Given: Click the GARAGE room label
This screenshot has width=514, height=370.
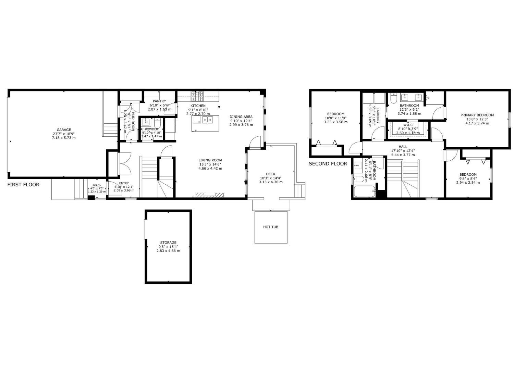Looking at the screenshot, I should (x=64, y=130).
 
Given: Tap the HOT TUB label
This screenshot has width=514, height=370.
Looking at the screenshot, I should (x=270, y=227).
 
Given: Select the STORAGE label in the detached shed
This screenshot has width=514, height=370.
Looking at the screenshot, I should (x=168, y=243).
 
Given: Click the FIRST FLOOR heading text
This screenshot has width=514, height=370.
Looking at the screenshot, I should (x=23, y=185).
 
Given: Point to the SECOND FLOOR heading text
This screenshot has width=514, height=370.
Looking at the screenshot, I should (x=328, y=164).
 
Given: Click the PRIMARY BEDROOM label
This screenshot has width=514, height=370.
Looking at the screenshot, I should (x=477, y=115).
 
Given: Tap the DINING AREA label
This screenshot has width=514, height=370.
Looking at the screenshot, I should (x=241, y=117).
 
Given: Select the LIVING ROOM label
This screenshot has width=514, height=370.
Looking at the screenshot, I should (x=210, y=160).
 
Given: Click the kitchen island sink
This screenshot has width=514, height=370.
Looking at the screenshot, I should (x=207, y=120).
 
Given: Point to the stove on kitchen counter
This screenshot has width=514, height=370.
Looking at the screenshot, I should (x=198, y=95).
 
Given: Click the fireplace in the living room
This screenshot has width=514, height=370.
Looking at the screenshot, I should (x=209, y=195).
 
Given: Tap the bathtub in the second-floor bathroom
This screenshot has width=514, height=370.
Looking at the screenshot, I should (x=364, y=192).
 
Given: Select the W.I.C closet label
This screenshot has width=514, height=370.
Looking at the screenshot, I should (x=408, y=125).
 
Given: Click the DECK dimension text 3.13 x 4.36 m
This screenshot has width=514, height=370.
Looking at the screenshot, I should (x=271, y=182).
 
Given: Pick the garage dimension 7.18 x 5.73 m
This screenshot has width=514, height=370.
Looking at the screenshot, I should (x=64, y=138).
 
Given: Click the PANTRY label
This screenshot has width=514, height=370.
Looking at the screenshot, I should (x=159, y=101).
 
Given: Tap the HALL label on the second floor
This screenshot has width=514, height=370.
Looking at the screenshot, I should (x=403, y=147).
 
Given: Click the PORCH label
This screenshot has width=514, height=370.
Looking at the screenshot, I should (x=97, y=185).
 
